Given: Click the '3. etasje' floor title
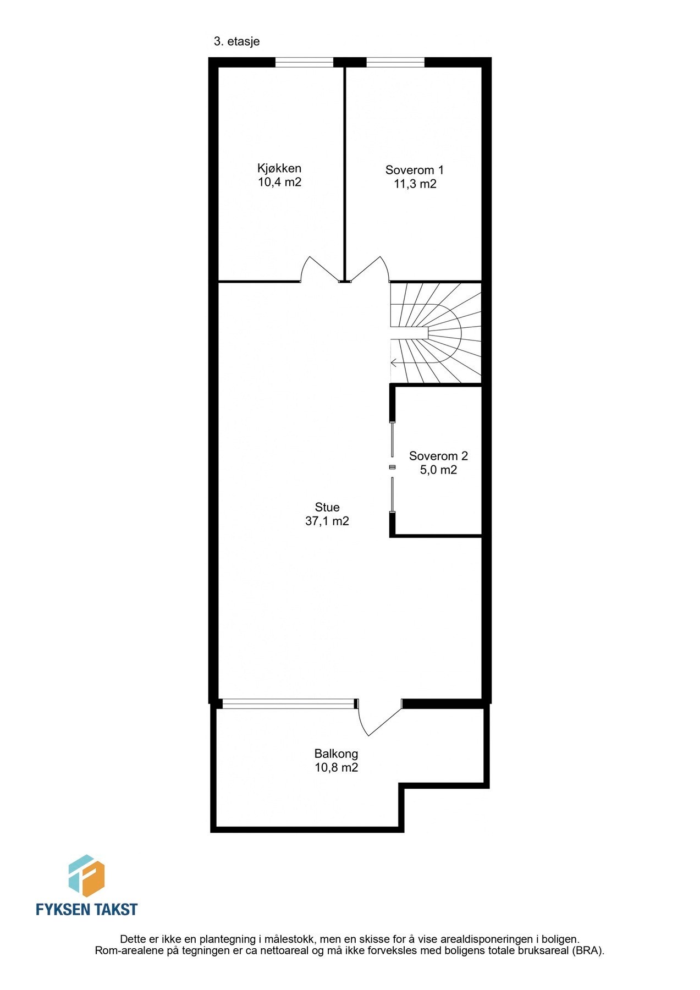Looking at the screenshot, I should point(236,41).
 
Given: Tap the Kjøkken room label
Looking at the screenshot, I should point(279,168).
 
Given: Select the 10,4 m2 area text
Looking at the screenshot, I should point(279,182).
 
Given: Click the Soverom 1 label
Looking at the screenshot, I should point(414,170).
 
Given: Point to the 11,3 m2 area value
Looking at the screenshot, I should point(415,184).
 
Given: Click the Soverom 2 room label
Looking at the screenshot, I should point(438,456).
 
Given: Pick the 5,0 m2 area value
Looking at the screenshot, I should point(438,470).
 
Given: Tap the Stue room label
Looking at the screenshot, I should point(327,507).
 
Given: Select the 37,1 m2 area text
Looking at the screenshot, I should point(327,521).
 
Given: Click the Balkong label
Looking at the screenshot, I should point(336,754).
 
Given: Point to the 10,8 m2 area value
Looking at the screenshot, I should point(336,767).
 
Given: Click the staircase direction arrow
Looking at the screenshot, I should point(394,362).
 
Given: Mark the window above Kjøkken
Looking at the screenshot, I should point(304,62).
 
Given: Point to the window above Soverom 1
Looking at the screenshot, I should point(395,62).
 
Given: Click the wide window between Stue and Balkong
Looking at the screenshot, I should point(289,703).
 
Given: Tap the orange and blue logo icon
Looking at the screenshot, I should point(86,876).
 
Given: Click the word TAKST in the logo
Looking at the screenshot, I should point(114,909).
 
